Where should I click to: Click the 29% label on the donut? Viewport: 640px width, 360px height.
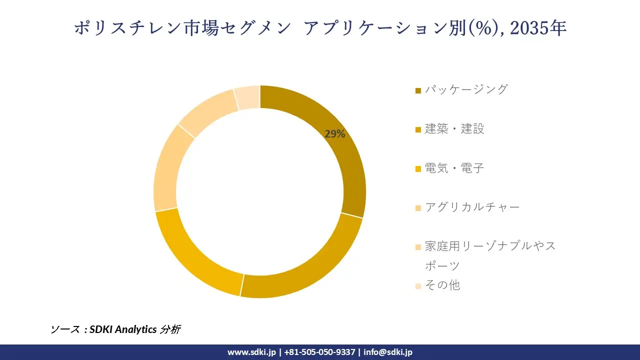click(x=334, y=134)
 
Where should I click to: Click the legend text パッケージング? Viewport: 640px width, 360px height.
click(x=466, y=89)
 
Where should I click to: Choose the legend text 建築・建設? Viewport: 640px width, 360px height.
click(x=454, y=128)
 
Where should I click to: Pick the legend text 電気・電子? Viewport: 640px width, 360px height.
click(x=454, y=168)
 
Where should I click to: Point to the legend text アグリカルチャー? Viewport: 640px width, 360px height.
click(x=472, y=207)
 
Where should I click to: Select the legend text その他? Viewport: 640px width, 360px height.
click(x=442, y=285)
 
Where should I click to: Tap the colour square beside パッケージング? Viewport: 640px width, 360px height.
click(x=418, y=90)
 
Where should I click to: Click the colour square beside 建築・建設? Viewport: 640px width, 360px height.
click(x=418, y=129)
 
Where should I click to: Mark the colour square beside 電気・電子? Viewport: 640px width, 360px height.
click(x=418, y=169)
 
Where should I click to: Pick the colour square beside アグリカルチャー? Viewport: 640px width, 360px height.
click(x=418, y=208)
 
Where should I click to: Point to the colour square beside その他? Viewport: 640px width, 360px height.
click(x=418, y=286)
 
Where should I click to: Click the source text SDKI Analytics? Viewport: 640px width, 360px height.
click(x=122, y=329)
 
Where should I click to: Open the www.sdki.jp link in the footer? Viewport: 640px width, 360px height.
click(x=251, y=352)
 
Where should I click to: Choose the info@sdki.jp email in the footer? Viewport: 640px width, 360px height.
click(x=388, y=352)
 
